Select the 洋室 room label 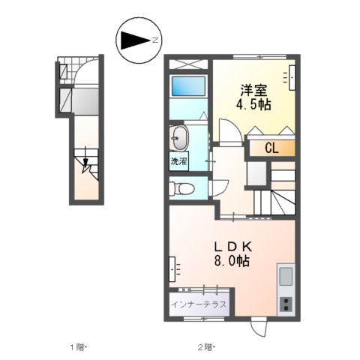click(253, 88)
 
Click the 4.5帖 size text click(254, 104)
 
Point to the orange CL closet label click(271, 148)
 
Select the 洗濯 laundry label click(178, 161)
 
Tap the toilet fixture click(182, 187)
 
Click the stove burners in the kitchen click(286, 304)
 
